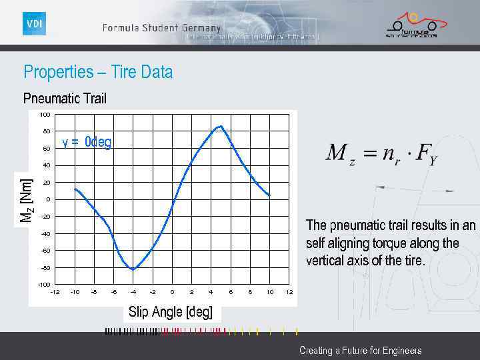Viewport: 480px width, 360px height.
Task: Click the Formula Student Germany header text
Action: pyautogui.click(x=161, y=28)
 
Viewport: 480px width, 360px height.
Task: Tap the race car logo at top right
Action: pyautogui.click(x=411, y=25)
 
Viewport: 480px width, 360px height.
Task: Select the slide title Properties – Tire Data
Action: pyautogui.click(x=98, y=72)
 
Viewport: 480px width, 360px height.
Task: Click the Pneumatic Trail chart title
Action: pyautogui.click(x=65, y=99)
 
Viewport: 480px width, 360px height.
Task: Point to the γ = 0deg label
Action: pyautogui.click(x=87, y=142)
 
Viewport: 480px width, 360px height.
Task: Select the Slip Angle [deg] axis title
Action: pyautogui.click(x=170, y=312)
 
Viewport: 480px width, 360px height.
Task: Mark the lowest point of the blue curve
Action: pyautogui.click(x=133, y=269)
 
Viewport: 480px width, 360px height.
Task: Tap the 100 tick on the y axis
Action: pyautogui.click(x=45, y=115)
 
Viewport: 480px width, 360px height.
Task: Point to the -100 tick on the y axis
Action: pyautogui.click(x=44, y=285)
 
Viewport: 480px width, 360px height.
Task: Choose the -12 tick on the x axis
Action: pyautogui.click(x=55, y=292)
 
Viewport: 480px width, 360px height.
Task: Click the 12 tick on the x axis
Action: pyautogui.click(x=289, y=292)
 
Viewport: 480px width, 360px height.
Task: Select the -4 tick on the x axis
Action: pyautogui.click(x=133, y=292)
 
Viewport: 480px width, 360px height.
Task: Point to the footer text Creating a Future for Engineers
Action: pyautogui.click(x=360, y=351)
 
